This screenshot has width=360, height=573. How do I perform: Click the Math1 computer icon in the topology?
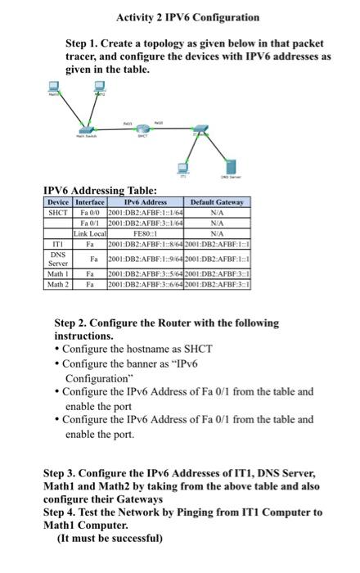click(55, 89)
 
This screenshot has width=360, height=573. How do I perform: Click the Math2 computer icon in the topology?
click(101, 91)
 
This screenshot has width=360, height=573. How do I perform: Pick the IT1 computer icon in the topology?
click(182, 168)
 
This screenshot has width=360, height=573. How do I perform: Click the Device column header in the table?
click(58, 202)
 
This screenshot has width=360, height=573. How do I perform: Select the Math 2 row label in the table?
click(58, 284)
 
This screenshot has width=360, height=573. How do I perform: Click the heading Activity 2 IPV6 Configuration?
click(187, 17)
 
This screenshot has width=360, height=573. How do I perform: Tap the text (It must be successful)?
click(110, 539)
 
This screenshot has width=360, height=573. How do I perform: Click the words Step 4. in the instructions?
click(62, 512)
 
